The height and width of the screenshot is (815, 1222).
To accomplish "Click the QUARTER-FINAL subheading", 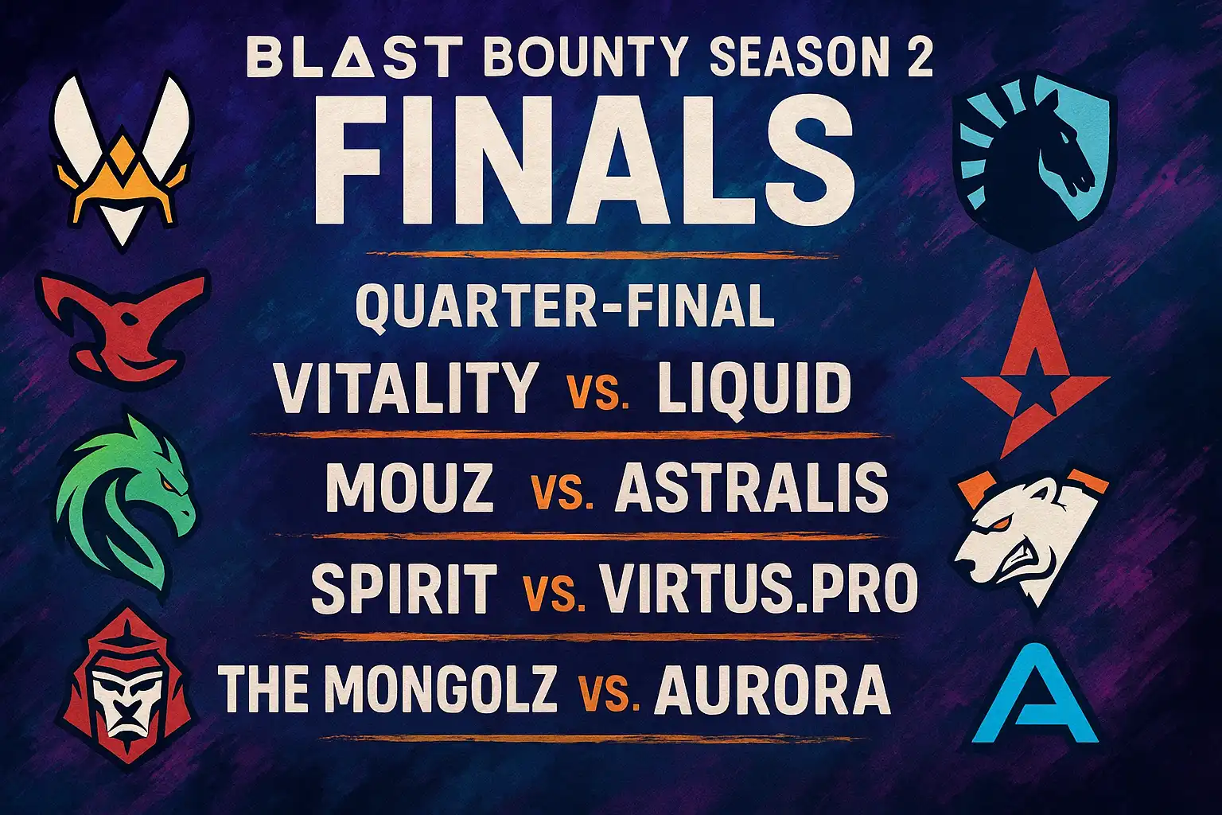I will pos(565,306).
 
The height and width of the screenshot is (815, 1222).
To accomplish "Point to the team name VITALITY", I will pos(405,388).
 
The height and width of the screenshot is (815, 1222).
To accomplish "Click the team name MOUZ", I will pos(410,486).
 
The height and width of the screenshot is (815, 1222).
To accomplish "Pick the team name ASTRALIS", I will pos(751,486).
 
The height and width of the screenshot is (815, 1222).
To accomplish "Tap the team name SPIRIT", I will pos(404,588).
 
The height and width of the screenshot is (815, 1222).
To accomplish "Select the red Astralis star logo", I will pos(1034,366).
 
